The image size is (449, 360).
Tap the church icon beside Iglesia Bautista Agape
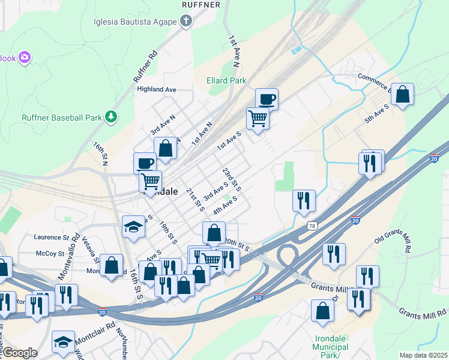(186, 22)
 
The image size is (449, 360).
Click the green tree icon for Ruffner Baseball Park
(110, 117)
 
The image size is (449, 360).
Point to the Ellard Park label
(226, 80)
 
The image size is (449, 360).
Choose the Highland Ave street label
(156, 89)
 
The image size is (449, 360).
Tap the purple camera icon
(25, 58)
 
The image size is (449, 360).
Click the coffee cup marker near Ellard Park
(267, 98)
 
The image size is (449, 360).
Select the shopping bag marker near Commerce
(402, 94)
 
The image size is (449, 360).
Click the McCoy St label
(50, 254)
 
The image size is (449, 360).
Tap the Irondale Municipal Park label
(331, 347)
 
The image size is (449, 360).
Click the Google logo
(19, 353)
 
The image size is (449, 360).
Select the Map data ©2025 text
(423, 355)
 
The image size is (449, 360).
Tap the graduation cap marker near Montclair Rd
(63, 341)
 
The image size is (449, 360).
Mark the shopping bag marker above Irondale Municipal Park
(323, 311)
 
